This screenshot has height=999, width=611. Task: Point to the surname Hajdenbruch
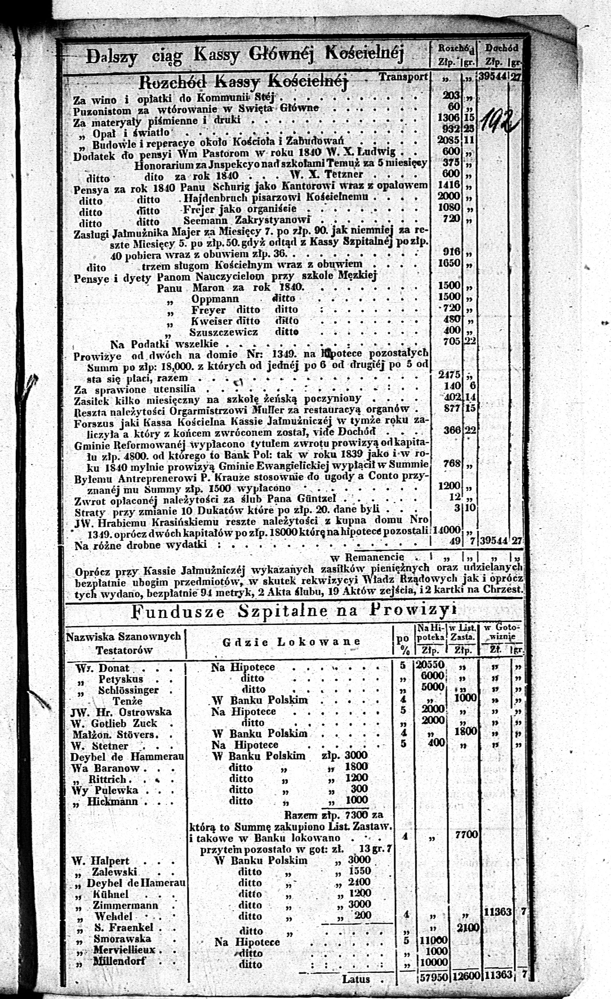[215, 198]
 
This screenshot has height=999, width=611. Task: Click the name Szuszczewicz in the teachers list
[223, 332]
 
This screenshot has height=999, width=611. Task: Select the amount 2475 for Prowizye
[449, 374]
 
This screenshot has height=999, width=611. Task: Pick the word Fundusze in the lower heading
[178, 611]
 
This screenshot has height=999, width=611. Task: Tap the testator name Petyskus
[121, 679]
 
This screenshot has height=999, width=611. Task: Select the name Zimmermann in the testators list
[125, 905]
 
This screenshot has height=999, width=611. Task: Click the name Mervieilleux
[124, 950]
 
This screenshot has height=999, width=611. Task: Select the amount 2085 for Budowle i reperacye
[449, 140]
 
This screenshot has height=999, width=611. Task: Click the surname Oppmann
[215, 299]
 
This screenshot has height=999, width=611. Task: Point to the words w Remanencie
[367, 557]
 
